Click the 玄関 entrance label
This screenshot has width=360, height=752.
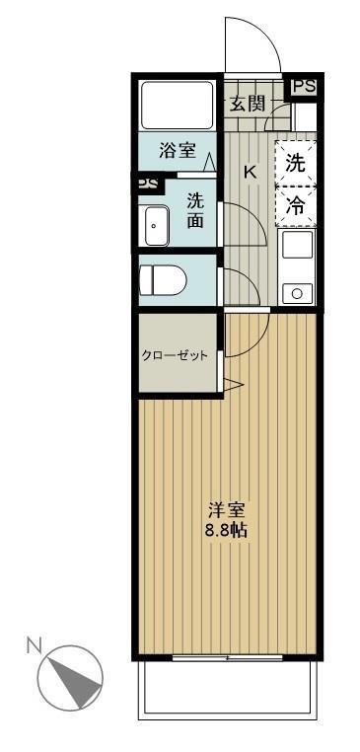248,103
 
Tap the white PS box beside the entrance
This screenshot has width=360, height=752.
304,87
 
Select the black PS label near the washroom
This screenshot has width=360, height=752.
147,184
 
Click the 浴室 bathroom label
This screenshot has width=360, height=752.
179,152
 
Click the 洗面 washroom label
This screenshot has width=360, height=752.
195,209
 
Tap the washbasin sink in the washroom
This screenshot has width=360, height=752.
157,228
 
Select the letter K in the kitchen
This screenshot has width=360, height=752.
250,173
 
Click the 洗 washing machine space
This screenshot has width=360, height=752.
295,163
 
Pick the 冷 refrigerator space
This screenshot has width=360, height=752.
295,205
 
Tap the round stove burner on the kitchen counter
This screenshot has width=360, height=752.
297,292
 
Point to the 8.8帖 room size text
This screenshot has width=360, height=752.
226,531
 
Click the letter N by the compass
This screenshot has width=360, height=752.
34,646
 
